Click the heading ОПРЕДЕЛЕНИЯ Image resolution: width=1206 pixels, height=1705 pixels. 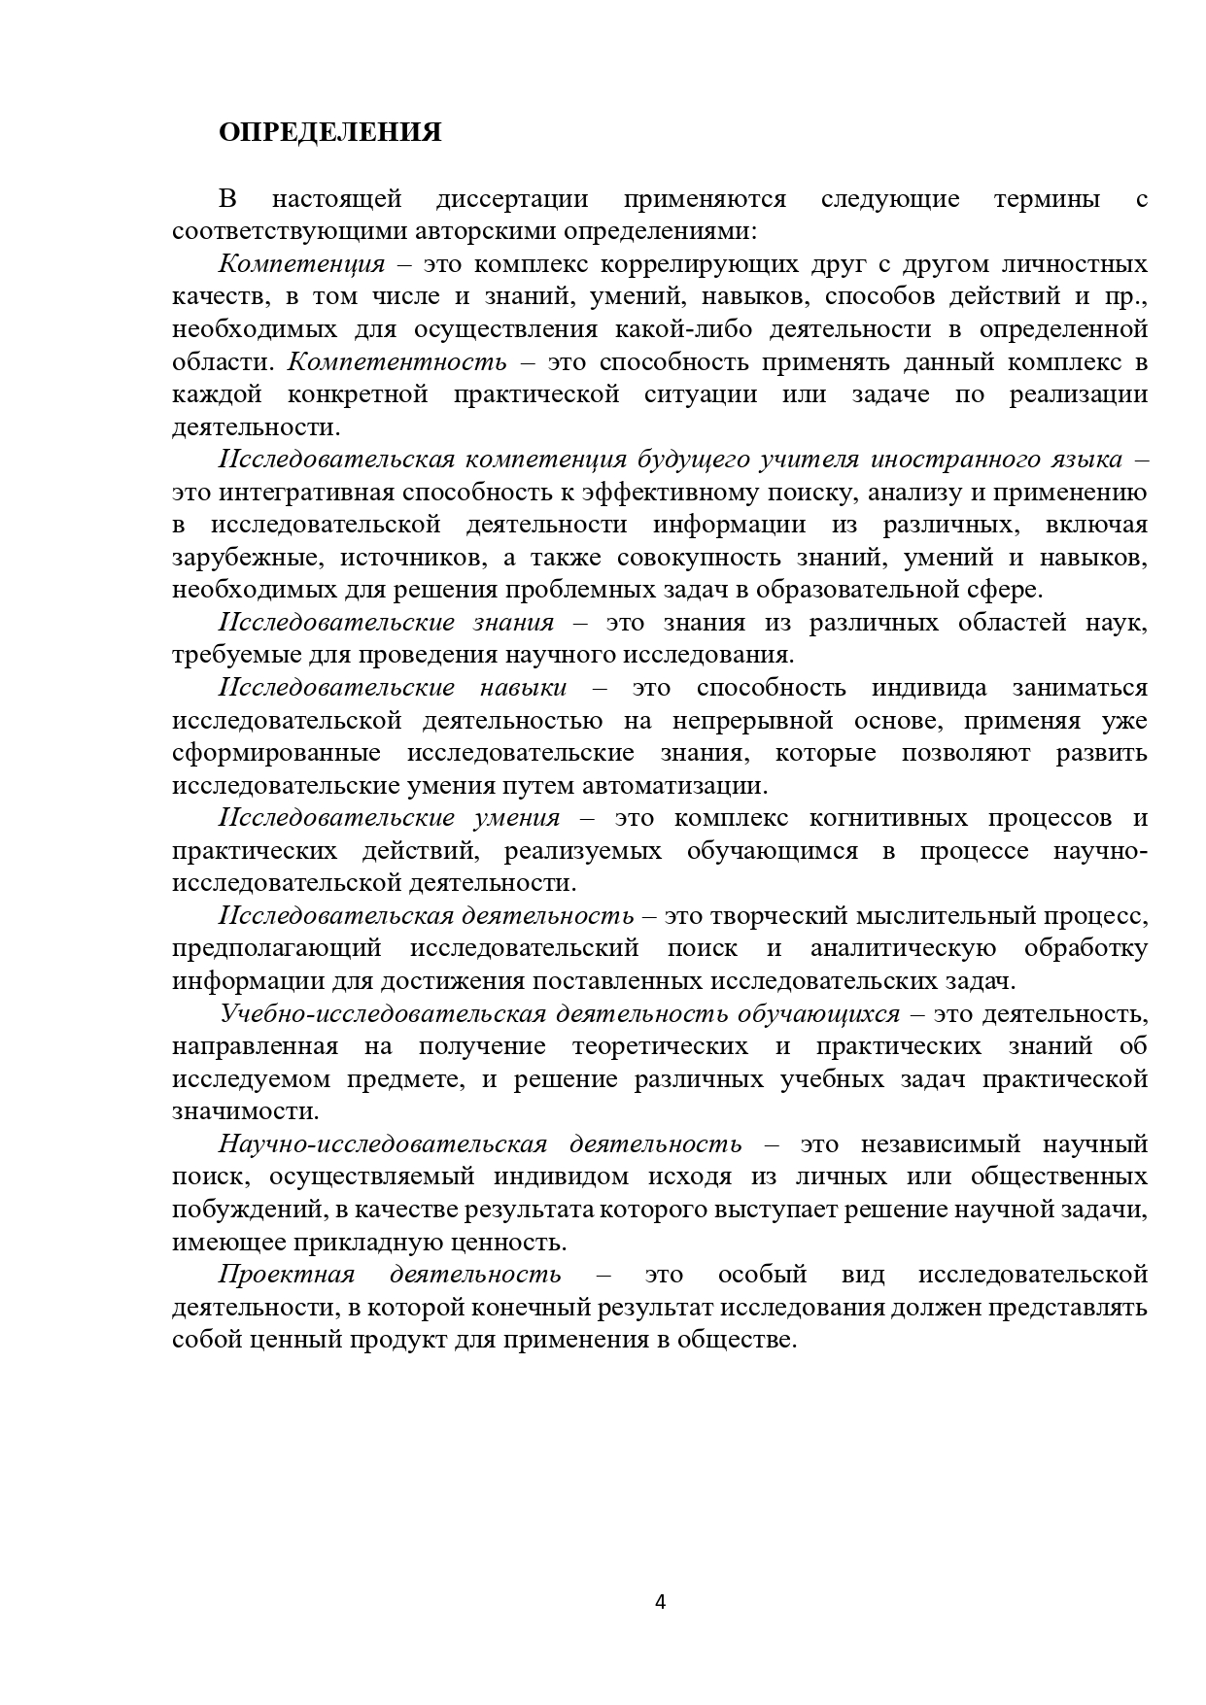[x=329, y=132]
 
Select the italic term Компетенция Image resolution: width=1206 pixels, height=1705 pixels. [x=302, y=264]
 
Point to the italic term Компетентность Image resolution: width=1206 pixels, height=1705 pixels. [x=397, y=362]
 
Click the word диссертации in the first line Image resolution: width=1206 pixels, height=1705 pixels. [x=512, y=199]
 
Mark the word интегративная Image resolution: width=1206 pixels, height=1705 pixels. [x=330, y=493]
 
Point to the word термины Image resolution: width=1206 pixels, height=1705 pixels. [x=1047, y=199]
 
